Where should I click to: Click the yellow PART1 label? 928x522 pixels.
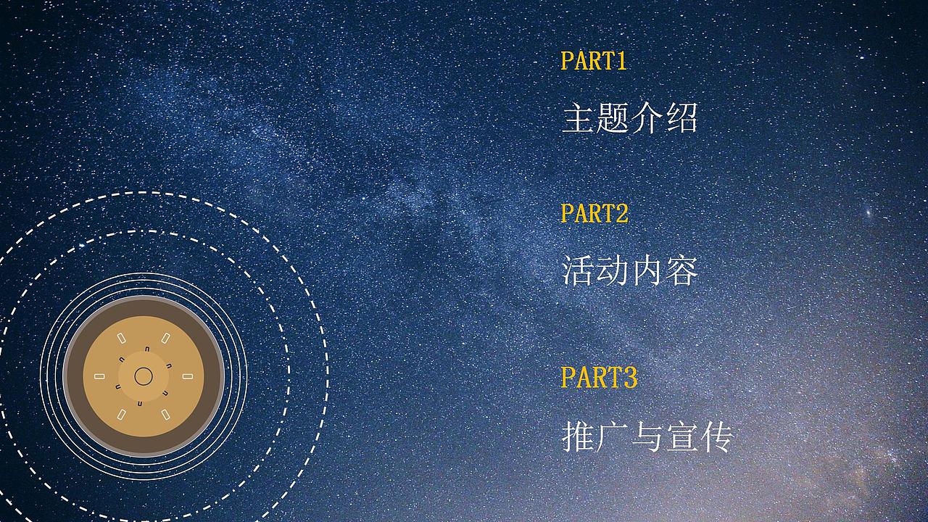(593, 61)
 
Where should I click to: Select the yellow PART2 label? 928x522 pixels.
(594, 213)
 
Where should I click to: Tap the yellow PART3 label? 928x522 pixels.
(599, 377)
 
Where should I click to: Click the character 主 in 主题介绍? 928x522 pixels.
(579, 118)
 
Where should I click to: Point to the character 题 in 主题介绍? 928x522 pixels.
(613, 118)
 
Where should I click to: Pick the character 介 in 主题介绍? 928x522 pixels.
(647, 118)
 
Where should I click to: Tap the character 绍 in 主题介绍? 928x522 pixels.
(681, 118)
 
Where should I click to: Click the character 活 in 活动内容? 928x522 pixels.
(579, 271)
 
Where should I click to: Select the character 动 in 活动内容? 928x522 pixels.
(613, 271)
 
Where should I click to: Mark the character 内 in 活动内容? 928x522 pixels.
(647, 271)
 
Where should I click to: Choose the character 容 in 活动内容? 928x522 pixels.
(681, 271)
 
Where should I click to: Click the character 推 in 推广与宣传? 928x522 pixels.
(579, 436)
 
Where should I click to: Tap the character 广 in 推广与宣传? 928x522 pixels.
(613, 436)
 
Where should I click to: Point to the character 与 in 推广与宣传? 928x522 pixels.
(647, 436)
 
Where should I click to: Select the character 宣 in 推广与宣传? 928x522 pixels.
(681, 436)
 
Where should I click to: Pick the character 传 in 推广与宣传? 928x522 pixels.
(716, 436)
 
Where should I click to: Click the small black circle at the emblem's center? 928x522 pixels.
(144, 376)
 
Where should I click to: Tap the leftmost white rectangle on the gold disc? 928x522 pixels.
(99, 376)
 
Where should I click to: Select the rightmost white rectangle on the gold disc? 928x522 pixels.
(188, 376)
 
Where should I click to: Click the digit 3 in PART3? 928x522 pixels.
(629, 377)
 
